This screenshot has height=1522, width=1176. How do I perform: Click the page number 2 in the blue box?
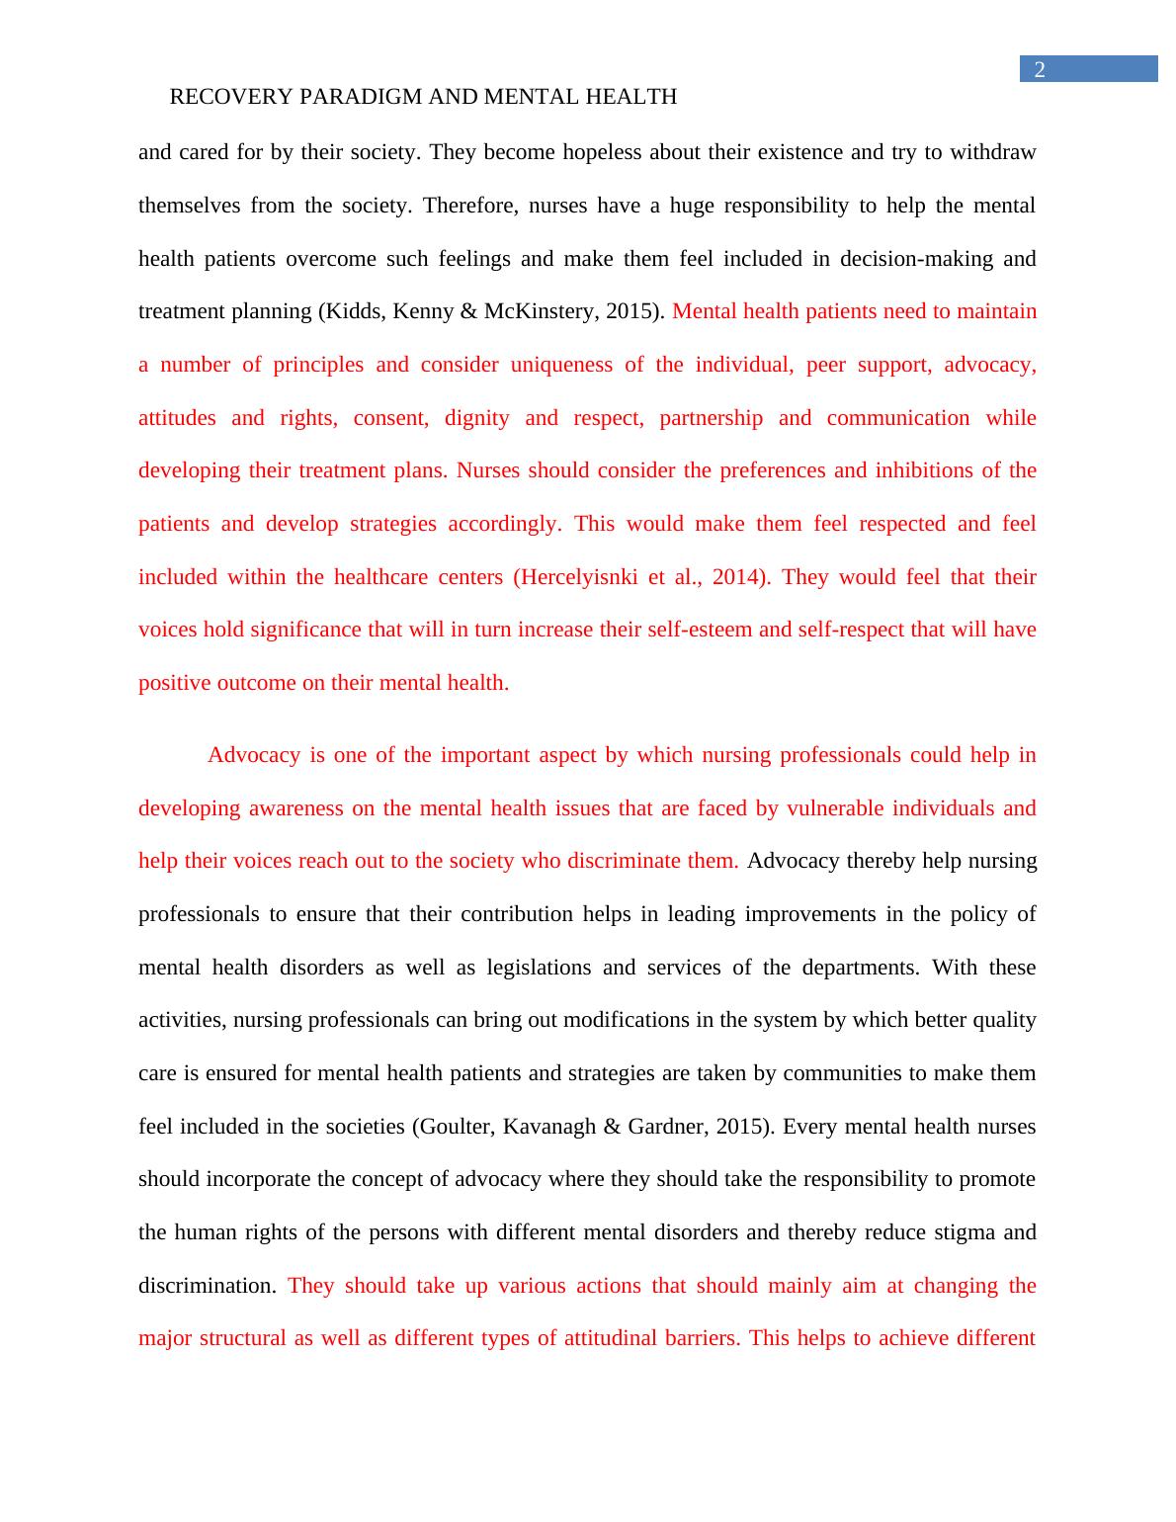[1039, 69]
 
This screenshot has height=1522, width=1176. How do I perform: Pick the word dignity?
[476, 418]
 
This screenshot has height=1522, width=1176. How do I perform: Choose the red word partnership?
[711, 418]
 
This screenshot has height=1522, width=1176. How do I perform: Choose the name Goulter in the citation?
[455, 1127]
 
